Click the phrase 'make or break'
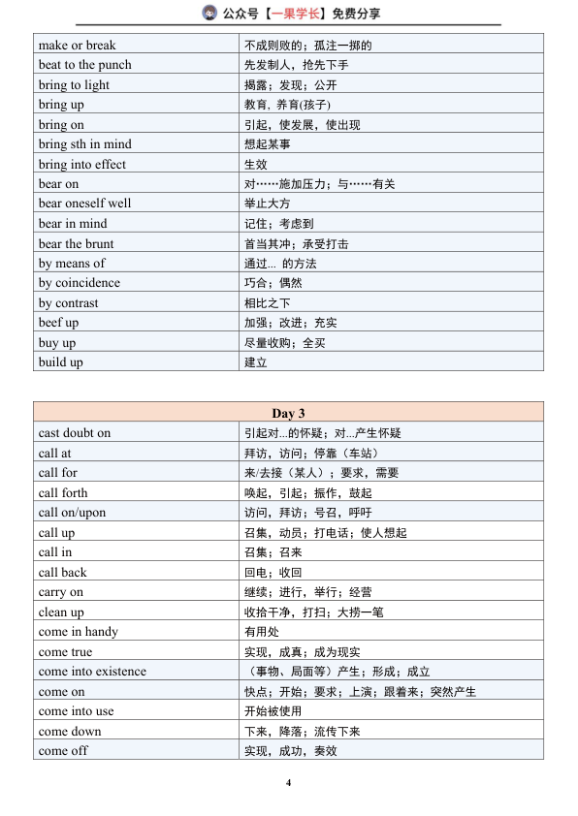77,45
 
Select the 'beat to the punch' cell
84,65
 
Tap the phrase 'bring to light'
74,84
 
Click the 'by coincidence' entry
80,283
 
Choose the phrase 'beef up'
58,323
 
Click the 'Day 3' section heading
288,413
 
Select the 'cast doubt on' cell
75,433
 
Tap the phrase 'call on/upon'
72,513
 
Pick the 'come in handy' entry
78,632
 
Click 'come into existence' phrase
92,672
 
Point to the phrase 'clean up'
61,612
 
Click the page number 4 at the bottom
288,782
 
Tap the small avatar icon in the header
209,13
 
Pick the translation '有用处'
262,632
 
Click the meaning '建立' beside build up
255,362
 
